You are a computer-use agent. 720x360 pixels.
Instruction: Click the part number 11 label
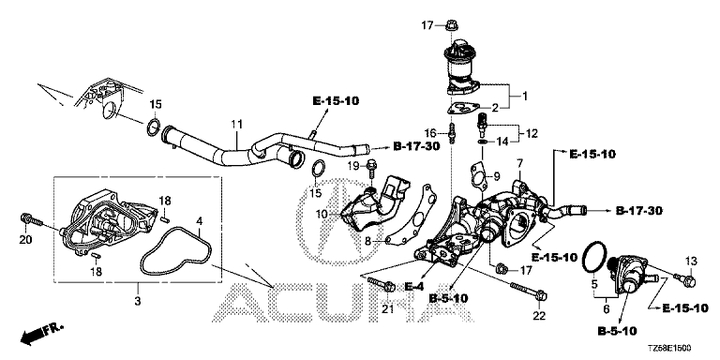point(236,124)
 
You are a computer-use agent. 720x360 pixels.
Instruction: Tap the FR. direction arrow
point(41,335)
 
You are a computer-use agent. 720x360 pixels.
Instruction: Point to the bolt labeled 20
point(32,220)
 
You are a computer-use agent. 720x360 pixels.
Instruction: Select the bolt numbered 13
point(685,278)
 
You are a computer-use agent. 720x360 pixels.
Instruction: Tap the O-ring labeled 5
point(594,258)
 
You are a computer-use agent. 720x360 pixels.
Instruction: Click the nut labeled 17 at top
point(451,25)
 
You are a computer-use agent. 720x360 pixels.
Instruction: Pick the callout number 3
point(138,301)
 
